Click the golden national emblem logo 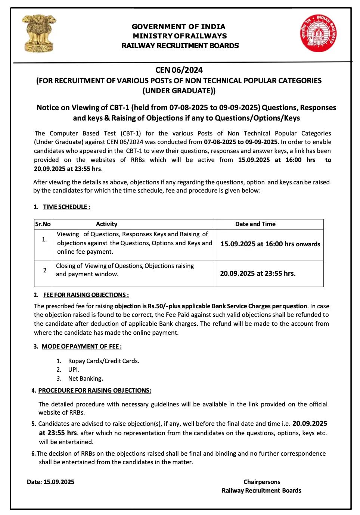coord(39,33)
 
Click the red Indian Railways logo coord(318,33)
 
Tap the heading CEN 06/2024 coord(179,70)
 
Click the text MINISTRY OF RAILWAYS coord(180,36)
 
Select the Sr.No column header coord(43,224)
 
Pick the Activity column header coord(106,224)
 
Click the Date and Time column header coord(255,224)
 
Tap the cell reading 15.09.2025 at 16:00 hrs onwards coord(270,244)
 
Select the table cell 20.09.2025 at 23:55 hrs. coord(258,274)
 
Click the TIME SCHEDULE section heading coord(66,207)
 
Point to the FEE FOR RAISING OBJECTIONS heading coord(86,295)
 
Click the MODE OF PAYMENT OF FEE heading coord(81,346)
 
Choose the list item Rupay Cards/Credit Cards coord(103,361)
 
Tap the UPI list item coord(74,369)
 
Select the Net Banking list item coord(86,378)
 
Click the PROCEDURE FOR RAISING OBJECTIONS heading coord(94,390)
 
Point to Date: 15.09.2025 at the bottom coord(50,482)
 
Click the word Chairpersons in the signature coord(262,482)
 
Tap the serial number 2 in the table coord(45,270)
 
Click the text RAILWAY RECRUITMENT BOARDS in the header coord(180,46)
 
